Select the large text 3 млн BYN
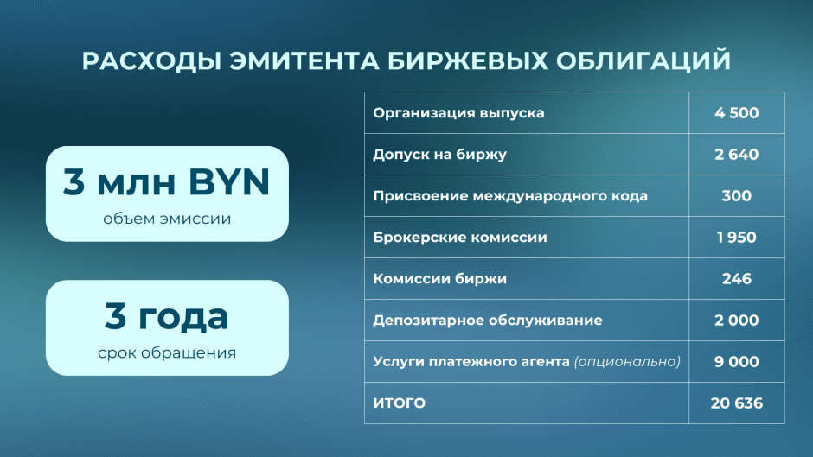coord(167,182)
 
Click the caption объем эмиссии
coord(167,219)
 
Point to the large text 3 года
coord(167,316)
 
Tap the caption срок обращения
coord(167,352)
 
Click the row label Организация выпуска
coord(458,113)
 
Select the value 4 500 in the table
coord(736,113)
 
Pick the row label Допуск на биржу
coord(439,155)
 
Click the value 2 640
coord(736,155)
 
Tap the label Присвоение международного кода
coord(510,196)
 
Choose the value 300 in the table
coord(736,196)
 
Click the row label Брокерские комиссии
coord(460,238)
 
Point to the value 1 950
coord(736,238)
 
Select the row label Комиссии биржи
coord(439,279)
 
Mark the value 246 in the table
coord(736,279)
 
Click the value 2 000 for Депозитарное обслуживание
coord(736,321)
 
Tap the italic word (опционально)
coord(627,362)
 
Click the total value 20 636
coord(736,403)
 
